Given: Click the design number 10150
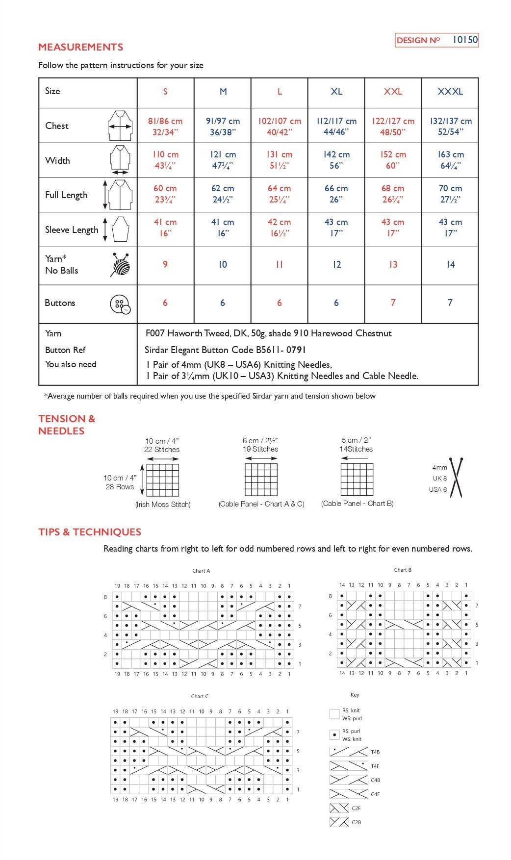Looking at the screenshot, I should pyautogui.click(x=464, y=40).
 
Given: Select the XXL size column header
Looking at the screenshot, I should pyautogui.click(x=393, y=92).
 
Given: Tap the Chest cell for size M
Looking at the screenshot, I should pyautogui.click(x=223, y=126).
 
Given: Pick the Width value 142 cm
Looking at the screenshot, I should pyautogui.click(x=336, y=160).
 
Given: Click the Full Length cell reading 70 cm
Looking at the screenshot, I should pyautogui.click(x=450, y=194).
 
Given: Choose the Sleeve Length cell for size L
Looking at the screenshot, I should pyautogui.click(x=279, y=228).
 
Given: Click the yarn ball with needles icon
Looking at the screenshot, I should pyautogui.click(x=121, y=265).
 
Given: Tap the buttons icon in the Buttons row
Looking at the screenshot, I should pyautogui.click(x=120, y=304).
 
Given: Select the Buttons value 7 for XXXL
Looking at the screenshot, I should pyautogui.click(x=450, y=303).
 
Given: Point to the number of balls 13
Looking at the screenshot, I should pyautogui.click(x=393, y=265).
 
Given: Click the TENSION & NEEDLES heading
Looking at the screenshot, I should pyautogui.click(x=67, y=425).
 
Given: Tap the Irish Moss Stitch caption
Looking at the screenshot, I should pyautogui.click(x=163, y=504).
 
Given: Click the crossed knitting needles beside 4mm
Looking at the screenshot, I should pyautogui.click(x=457, y=477).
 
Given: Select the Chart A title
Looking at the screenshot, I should pyautogui.click(x=201, y=571).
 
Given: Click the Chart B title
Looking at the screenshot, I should pyautogui.click(x=403, y=570).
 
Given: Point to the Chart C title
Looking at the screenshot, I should pyautogui.click(x=200, y=696).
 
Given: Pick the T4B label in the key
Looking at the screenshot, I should pyautogui.click(x=375, y=752).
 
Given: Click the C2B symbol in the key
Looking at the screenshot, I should pyautogui.click(x=339, y=822).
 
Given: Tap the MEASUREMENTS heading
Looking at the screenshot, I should pyautogui.click(x=81, y=47).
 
